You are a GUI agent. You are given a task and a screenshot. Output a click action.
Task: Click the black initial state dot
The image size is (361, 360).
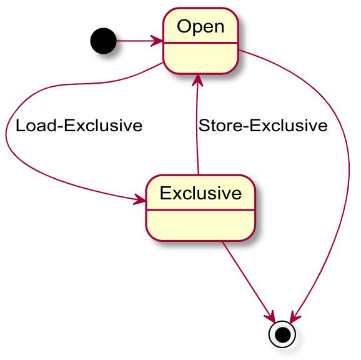pos(104,41)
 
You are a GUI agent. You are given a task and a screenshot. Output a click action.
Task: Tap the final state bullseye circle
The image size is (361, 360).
pos(282,334)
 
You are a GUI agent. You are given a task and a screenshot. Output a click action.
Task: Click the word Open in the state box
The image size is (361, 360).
pos(200,27)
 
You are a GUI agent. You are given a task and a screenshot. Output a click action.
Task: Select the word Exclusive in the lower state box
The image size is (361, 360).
pos(200,193)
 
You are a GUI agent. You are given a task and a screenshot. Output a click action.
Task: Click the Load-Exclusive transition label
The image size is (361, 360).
pos(79,126)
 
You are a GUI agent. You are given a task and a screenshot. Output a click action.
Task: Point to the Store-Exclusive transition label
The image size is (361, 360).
pos(263,126)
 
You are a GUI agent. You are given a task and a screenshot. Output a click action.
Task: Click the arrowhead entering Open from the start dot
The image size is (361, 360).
pos(157,41)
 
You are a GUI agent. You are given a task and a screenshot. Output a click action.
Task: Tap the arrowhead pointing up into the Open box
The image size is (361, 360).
pos(197,81)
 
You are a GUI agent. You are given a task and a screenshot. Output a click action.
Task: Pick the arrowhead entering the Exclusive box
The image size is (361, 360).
pos(140,199)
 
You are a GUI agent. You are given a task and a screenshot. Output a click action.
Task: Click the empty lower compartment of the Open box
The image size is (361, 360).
pos(200,58)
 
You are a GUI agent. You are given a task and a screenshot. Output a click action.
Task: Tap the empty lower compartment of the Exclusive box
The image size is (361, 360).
pos(200,225)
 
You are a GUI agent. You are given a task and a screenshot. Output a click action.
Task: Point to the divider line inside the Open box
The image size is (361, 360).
pos(200,43)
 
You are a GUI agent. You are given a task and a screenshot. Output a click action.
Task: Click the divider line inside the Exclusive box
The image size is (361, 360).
pos(200,210)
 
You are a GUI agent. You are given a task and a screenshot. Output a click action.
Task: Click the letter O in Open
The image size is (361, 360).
pos(185,27)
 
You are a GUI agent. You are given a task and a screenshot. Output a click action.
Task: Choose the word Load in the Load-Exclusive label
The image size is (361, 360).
pos(36,126)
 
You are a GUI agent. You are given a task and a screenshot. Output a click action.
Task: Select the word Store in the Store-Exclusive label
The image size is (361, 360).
pos(220,126)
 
